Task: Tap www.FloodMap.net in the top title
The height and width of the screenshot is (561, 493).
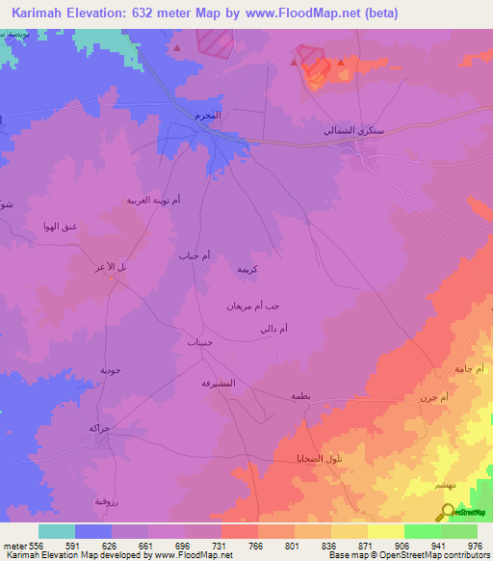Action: [297, 13]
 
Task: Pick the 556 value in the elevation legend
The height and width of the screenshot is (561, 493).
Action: [31, 545]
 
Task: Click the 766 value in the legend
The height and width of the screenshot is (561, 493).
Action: [256, 545]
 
